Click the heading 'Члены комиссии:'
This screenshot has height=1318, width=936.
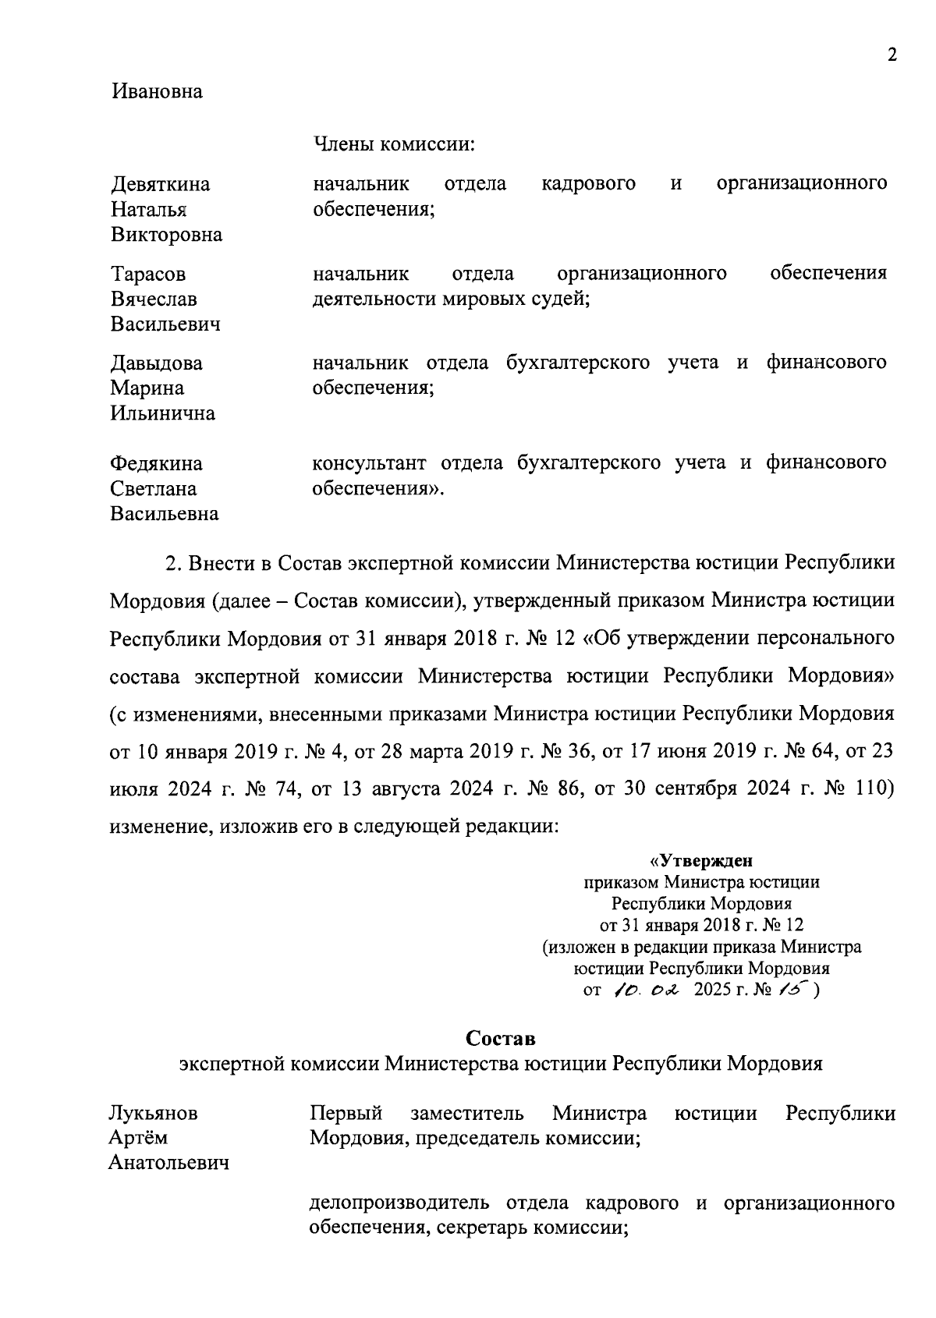pyautogui.click(x=394, y=144)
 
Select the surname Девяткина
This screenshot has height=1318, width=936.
pyautogui.click(x=161, y=185)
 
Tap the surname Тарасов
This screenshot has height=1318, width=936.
pyautogui.click(x=149, y=275)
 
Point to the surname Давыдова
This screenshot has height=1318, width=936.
pyautogui.click(x=157, y=363)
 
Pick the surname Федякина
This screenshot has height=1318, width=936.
pyautogui.click(x=156, y=464)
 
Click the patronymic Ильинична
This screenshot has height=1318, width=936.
pyautogui.click(x=162, y=413)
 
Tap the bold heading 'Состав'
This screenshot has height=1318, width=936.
pyautogui.click(x=501, y=1040)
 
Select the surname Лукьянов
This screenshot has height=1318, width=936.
pyautogui.click(x=153, y=1114)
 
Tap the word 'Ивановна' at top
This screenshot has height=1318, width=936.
pyautogui.click(x=157, y=92)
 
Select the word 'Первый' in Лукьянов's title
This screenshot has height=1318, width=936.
pyautogui.click(x=346, y=1114)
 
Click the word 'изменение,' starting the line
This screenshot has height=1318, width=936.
pyautogui.click(x=159, y=827)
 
